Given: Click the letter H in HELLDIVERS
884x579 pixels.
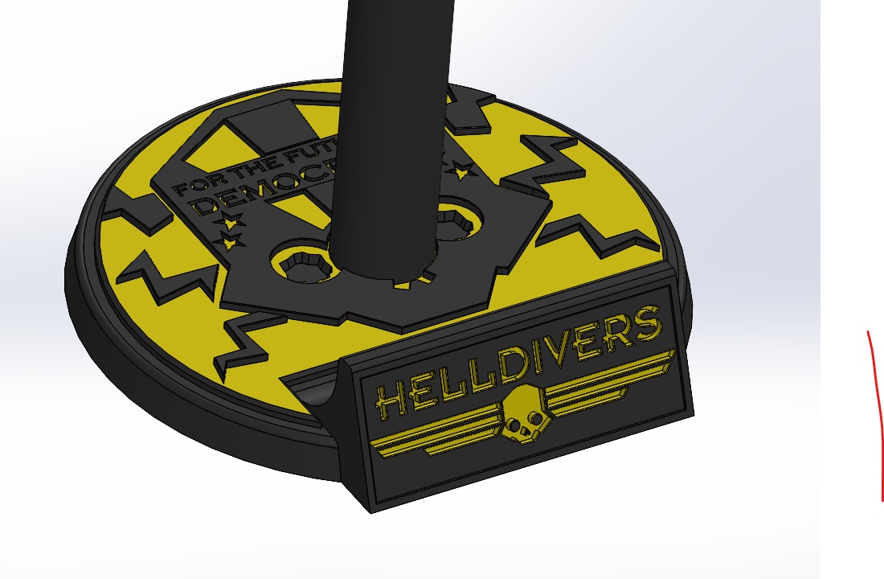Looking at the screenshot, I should tap(391, 400).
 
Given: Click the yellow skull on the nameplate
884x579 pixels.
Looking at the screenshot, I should tap(522, 413).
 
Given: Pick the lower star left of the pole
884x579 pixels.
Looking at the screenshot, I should tap(232, 240).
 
